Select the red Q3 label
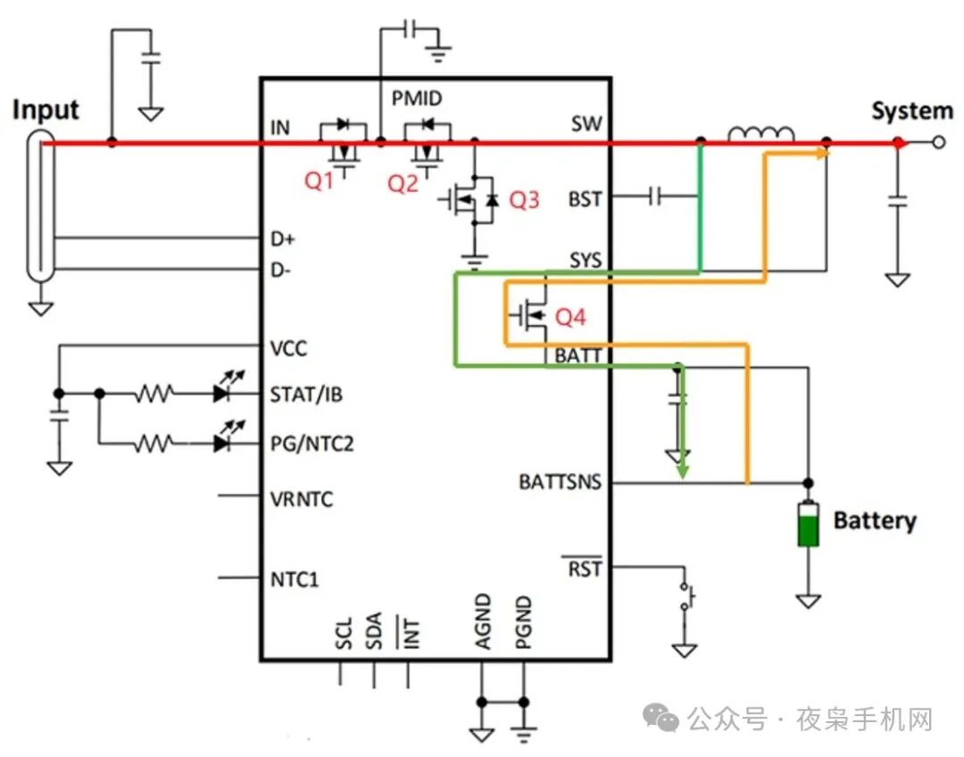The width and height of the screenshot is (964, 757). pos(524,200)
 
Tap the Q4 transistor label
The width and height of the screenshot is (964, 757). pos(570,317)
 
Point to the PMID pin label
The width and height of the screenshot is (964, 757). pos(417,98)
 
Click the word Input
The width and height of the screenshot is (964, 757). pos(46,110)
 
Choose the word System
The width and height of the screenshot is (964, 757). pos(911,112)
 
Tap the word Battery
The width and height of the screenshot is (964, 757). pos(875,520)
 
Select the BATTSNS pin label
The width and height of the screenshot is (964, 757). pos(560,482)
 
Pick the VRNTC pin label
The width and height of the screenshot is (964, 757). pos(301,499)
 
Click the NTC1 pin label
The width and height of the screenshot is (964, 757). pos(295,579)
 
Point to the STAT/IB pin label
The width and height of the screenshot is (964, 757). pos(306,394)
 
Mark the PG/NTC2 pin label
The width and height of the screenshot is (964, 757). pos(312,443)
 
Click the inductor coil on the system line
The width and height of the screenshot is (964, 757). pos(761,135)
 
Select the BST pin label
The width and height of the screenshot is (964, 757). pos(585,199)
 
